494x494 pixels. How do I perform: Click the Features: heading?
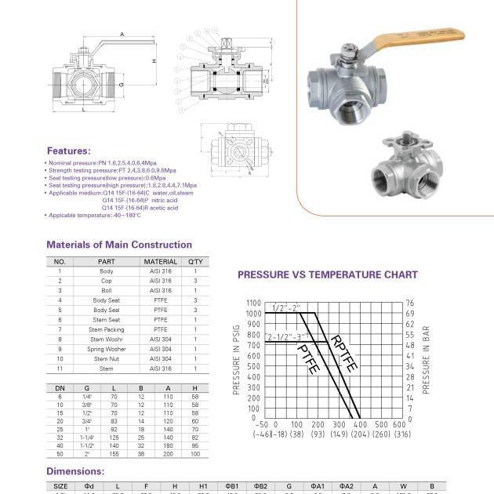(x=68, y=151)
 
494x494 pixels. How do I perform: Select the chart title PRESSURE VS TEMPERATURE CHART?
(x=327, y=275)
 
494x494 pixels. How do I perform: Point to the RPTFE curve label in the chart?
(x=345, y=354)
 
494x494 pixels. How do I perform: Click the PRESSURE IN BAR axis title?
(x=426, y=361)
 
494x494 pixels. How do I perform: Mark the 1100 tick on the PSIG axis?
(x=252, y=303)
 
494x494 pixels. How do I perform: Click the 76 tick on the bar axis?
(x=409, y=303)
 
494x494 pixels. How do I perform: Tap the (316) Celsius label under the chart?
(x=402, y=434)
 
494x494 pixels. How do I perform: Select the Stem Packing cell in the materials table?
(x=107, y=329)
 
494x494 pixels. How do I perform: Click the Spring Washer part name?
(x=107, y=349)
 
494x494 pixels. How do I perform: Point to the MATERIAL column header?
(x=160, y=261)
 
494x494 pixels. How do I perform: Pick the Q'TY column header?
(x=195, y=261)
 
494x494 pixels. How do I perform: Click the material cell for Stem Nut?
(x=160, y=358)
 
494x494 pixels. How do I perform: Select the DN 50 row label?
(x=60, y=454)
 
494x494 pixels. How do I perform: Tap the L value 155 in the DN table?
(x=113, y=454)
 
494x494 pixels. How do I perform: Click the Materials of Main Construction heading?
(x=118, y=245)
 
